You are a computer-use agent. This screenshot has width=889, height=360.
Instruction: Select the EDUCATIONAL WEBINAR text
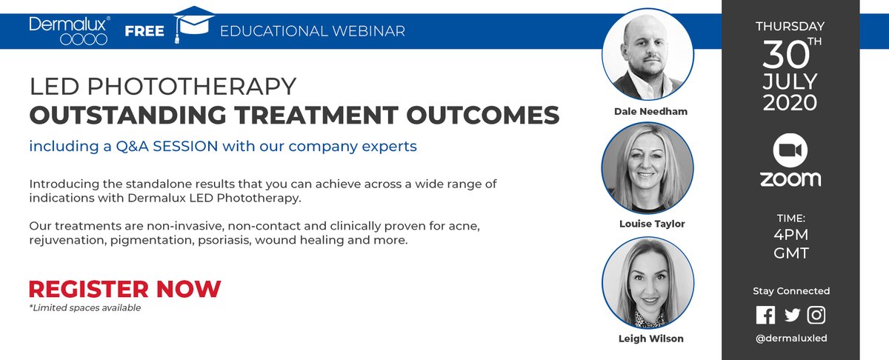coord(313,31)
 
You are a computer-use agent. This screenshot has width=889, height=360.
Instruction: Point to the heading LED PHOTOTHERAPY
coord(162,87)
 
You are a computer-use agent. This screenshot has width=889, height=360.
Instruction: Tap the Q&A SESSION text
coord(162,146)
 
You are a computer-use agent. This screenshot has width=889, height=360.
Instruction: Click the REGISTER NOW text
coord(124,288)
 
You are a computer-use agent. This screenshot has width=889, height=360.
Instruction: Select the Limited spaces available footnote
coord(84,307)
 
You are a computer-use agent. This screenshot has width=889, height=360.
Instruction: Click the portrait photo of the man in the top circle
coord(647,56)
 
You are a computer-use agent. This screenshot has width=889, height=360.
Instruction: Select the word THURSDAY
coord(790,26)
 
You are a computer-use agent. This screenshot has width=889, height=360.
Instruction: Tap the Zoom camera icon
coord(790,150)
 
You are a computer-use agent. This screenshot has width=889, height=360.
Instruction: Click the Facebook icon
coord(765,314)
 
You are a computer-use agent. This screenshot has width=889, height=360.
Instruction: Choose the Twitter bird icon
coord(792,314)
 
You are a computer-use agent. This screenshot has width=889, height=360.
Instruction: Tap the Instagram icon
coord(816,314)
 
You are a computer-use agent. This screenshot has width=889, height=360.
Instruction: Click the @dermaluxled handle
coord(790,338)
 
